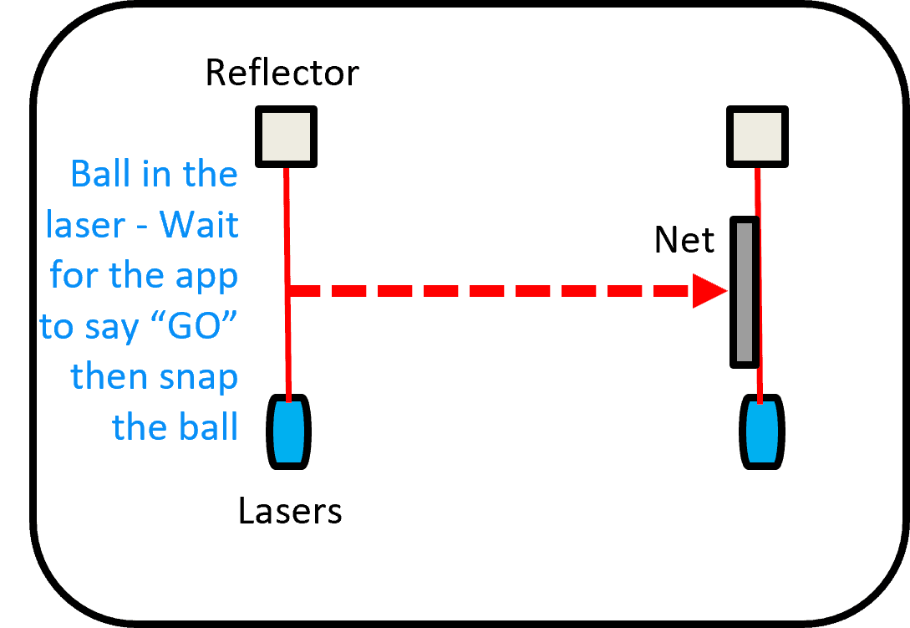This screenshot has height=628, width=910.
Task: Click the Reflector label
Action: [282, 74]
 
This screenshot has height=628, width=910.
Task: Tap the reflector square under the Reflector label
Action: [285, 136]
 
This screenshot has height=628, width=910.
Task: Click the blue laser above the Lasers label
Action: [288, 431]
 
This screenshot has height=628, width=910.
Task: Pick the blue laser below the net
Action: [761, 431]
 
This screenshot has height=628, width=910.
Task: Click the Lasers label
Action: [290, 510]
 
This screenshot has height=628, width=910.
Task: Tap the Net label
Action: [684, 241]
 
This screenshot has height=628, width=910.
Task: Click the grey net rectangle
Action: [744, 292]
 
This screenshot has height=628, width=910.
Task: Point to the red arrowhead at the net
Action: [710, 292]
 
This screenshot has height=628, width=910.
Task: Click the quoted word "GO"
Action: [193, 326]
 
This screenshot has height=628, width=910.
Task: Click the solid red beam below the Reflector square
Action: [287, 234]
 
